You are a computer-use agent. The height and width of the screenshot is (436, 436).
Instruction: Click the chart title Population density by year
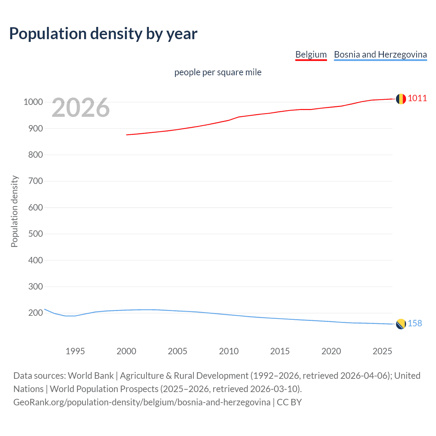click(x=103, y=33)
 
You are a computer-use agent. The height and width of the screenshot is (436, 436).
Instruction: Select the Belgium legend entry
click(x=311, y=54)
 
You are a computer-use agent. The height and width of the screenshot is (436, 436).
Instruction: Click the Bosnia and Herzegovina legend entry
click(x=380, y=54)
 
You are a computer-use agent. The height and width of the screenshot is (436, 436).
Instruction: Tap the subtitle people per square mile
click(x=218, y=72)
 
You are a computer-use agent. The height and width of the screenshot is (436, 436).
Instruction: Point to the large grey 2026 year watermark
click(x=81, y=108)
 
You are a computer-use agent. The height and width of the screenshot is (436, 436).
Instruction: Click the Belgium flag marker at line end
click(x=401, y=99)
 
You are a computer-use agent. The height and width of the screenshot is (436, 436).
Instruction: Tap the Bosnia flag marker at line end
click(x=401, y=324)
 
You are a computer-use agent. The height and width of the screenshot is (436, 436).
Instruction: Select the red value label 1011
click(x=417, y=98)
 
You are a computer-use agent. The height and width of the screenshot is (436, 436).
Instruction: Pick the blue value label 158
click(x=415, y=323)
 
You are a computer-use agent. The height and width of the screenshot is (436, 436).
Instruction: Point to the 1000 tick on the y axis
click(x=33, y=102)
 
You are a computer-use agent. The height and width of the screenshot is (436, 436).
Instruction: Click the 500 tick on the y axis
click(x=35, y=234)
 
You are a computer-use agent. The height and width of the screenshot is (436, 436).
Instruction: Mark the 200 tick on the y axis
click(x=35, y=313)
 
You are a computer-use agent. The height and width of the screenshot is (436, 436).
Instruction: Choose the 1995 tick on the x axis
click(x=75, y=351)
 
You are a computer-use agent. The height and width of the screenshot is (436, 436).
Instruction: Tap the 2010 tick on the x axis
click(x=229, y=351)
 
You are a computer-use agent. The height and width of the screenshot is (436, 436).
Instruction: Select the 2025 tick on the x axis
click(x=382, y=351)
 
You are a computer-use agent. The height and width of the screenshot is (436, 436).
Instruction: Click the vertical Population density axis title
click(x=14, y=211)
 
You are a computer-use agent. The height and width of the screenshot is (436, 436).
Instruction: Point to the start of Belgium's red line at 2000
click(x=127, y=135)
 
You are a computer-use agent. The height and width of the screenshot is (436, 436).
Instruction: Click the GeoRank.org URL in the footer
click(x=142, y=402)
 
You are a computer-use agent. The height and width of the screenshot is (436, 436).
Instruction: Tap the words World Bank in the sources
click(x=91, y=376)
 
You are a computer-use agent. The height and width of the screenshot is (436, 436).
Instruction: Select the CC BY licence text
click(x=289, y=402)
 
